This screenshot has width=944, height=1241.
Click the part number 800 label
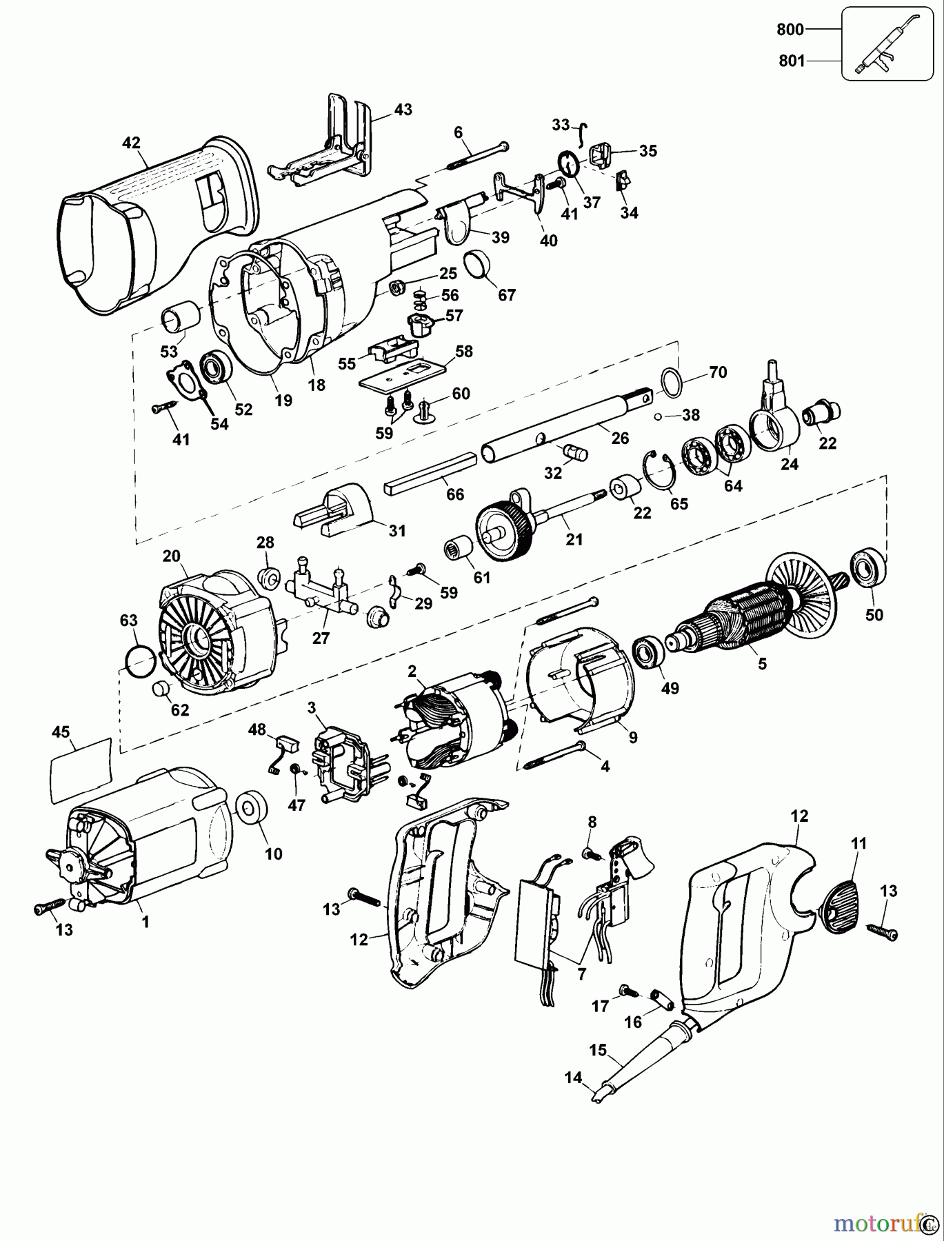pyautogui.click(x=790, y=30)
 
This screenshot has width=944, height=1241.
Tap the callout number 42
pyautogui.click(x=131, y=143)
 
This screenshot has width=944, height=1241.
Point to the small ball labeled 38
pyautogui.click(x=659, y=416)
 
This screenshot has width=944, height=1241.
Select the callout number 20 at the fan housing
pyautogui.click(x=171, y=556)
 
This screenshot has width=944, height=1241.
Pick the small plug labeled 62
pyautogui.click(x=161, y=689)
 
